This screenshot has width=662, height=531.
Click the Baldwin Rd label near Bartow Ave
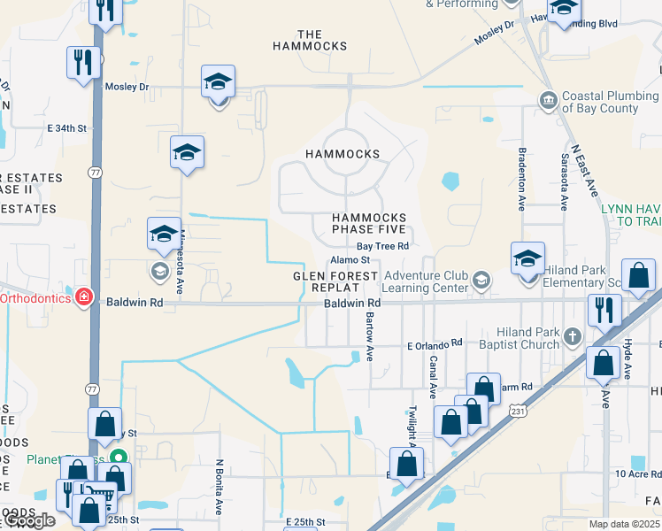tap(351, 303)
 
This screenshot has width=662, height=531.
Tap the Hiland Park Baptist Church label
tap(521, 338)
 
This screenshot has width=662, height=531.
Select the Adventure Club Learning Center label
tap(426, 281)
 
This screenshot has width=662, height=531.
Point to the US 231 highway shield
tap(519, 410)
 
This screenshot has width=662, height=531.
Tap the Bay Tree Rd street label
tap(382, 246)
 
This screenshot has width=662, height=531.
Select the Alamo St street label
tap(350, 260)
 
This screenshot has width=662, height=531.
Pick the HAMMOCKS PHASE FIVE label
tap(369, 224)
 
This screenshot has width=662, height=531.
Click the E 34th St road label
tap(68, 128)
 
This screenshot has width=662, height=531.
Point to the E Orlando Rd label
tap(434, 342)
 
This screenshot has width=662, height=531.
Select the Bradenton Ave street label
tap(522, 179)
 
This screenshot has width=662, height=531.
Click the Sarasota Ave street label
tap(564, 181)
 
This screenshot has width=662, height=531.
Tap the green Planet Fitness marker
tap(123, 458)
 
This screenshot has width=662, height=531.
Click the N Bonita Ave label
tap(219, 487)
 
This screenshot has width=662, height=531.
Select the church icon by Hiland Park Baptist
tap(573, 336)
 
